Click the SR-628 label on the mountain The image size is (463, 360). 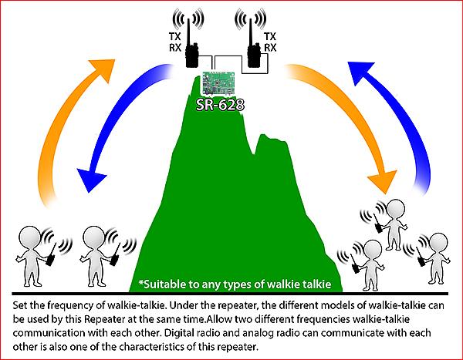coord(220,105)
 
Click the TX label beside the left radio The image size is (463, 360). coord(175,36)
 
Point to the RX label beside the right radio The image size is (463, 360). coord(270,48)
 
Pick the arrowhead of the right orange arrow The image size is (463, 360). coord(383,181)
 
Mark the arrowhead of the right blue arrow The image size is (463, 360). coord(361,72)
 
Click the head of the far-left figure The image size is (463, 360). coord(30,237)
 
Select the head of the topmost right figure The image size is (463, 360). coord(396,209)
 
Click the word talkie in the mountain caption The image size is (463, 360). coord(317,284)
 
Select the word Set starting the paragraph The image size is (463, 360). coord(20,305)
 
